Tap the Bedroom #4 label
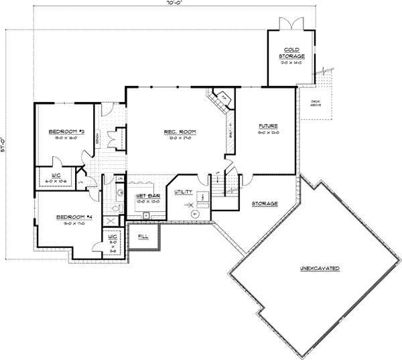pyautogui.click(x=73, y=217)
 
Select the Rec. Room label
pyautogui.click(x=179, y=132)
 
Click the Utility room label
pyautogui.click(x=184, y=192)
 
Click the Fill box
pyautogui.click(x=143, y=237)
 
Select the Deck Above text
pyautogui.click(x=315, y=103)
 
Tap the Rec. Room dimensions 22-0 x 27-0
pyautogui.click(x=179, y=139)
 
